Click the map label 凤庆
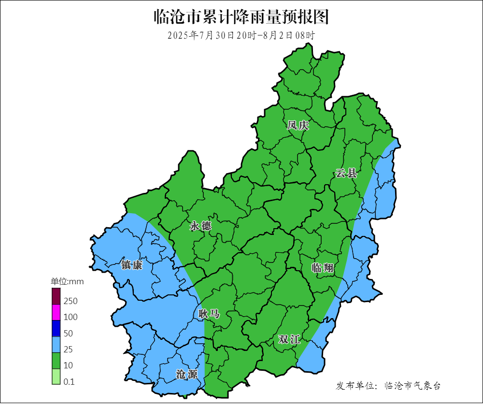pyautogui.click(x=298, y=126)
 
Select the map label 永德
pyautogui.click(x=200, y=226)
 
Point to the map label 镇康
pyautogui.click(x=132, y=265)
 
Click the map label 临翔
pyautogui.click(x=323, y=268)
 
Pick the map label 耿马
pyautogui.click(x=209, y=314)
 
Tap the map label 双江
pyautogui.click(x=289, y=340)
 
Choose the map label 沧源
pyautogui.click(x=186, y=374)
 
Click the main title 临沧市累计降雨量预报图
pyautogui.click(x=241, y=17)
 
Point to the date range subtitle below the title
pyautogui.click(x=241, y=35)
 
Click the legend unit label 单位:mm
pyautogui.click(x=68, y=281)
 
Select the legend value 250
pyautogui.click(x=71, y=301)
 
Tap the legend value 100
pyautogui.click(x=71, y=317)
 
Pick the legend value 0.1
pyautogui.click(x=69, y=381)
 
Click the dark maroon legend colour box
pyautogui.click(x=56, y=296)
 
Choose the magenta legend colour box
pyautogui.click(x=56, y=312)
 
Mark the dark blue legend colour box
pyautogui.click(x=56, y=329)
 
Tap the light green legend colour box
pyautogui.click(x=56, y=377)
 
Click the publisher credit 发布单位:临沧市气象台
pyautogui.click(x=388, y=386)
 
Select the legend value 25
pyautogui.click(x=68, y=349)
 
